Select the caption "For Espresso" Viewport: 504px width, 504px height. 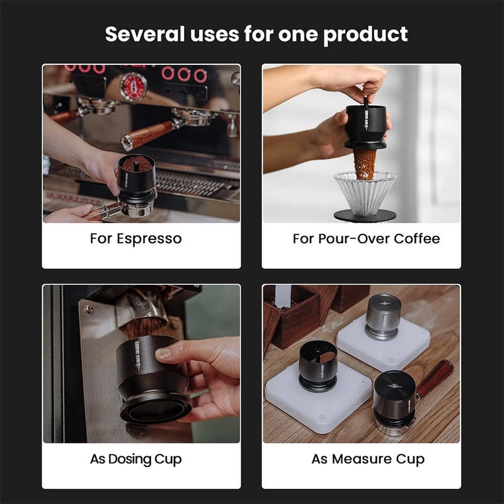pos(135,239)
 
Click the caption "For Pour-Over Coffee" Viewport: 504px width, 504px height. pos(366,239)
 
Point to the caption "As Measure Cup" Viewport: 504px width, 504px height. pos(368,459)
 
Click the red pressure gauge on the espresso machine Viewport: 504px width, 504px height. pos(133,86)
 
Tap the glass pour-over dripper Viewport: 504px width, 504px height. pos(364,192)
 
